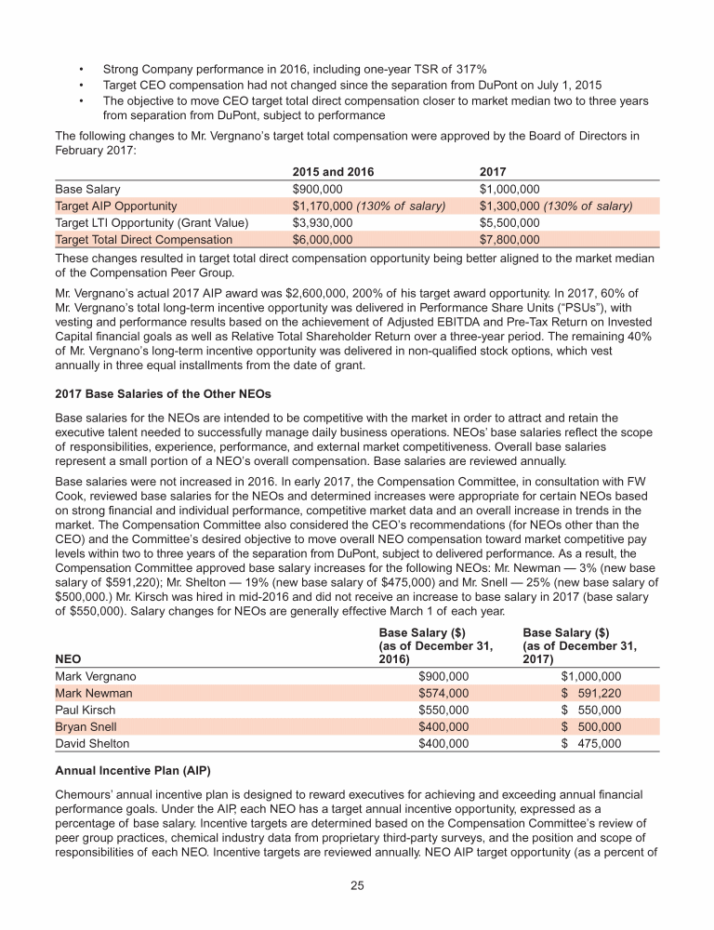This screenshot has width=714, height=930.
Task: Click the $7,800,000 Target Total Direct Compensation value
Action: coord(509,240)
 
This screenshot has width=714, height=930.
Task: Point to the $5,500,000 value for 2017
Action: coord(509,222)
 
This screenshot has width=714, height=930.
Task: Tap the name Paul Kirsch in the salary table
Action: coord(86,710)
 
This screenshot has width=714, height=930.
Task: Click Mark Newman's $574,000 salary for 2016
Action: coord(444,693)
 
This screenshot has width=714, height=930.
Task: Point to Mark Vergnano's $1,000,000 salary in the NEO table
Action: coord(584,676)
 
